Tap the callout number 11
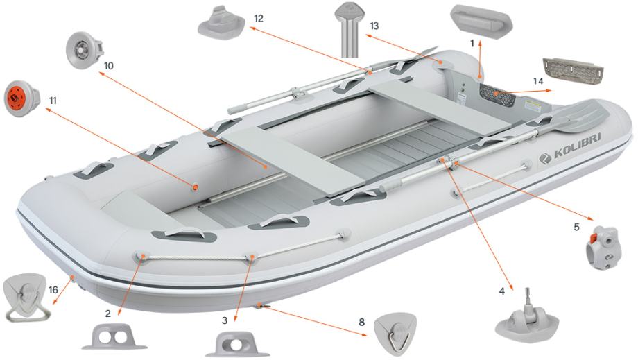point(53,100)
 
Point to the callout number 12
point(259,19)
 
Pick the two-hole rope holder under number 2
point(114,337)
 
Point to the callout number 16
point(53,290)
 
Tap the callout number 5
point(576,227)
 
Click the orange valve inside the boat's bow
point(196,187)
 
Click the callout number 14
point(538,81)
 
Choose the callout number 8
point(361,322)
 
